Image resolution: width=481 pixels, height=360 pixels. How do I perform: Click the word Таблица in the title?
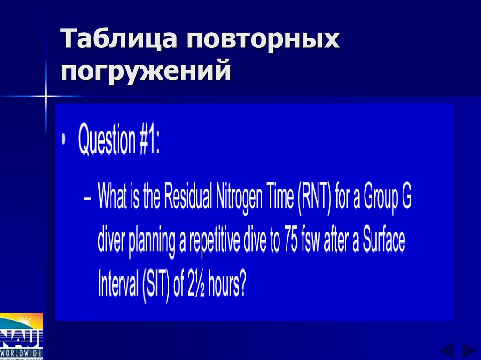(120, 39)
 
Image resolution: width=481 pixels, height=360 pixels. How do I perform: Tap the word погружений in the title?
(146, 72)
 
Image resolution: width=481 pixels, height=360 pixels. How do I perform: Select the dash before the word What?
(87, 198)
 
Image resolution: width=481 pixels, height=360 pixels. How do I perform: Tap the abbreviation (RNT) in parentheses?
(314, 198)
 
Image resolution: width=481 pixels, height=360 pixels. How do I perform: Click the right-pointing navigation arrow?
(469, 351)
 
